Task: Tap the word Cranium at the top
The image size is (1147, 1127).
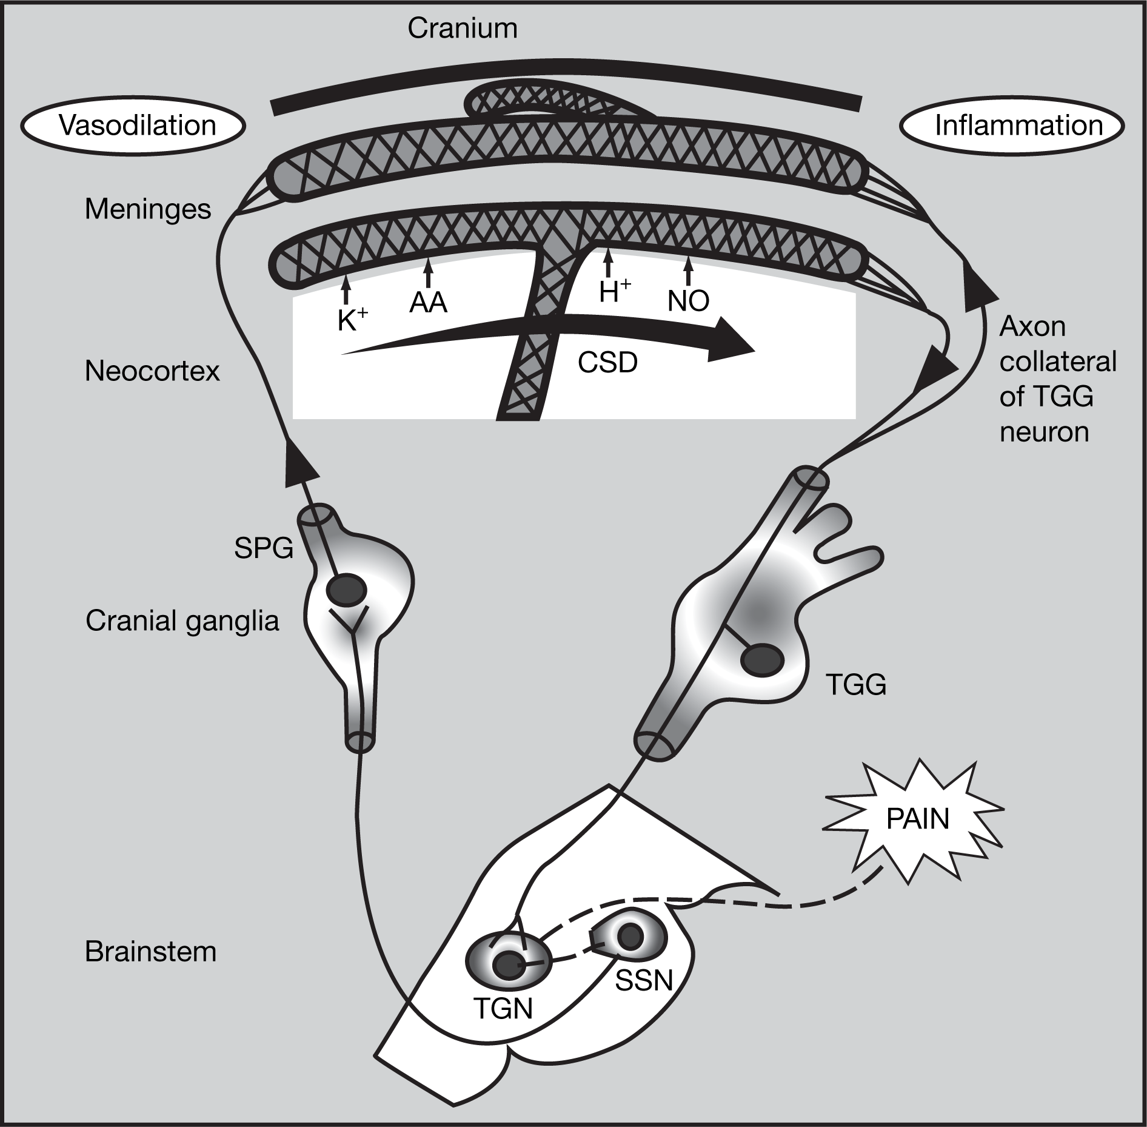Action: tap(463, 29)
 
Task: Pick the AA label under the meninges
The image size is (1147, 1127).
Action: tap(428, 302)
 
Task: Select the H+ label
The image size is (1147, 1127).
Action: tap(615, 292)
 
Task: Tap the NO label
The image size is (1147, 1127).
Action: tap(688, 301)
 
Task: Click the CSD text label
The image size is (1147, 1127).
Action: tap(607, 363)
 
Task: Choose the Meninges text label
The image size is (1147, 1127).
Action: tap(147, 209)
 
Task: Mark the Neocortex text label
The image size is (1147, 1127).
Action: tap(152, 371)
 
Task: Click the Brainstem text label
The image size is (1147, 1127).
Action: tap(150, 951)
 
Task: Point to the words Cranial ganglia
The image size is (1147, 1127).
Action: tap(182, 621)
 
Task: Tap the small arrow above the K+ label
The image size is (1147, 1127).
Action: tap(346, 290)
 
